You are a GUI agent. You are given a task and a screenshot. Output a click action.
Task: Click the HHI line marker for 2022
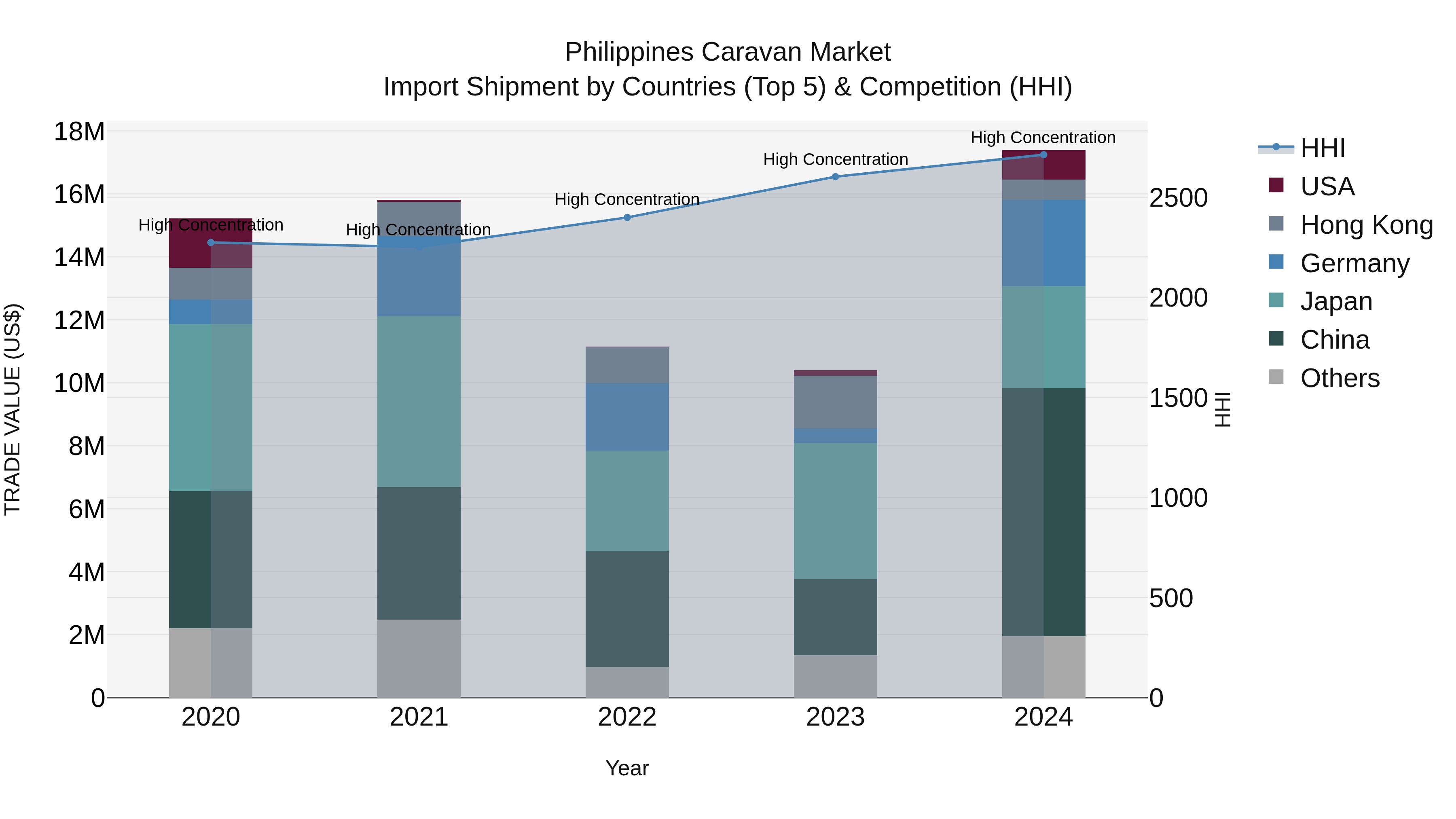(627, 218)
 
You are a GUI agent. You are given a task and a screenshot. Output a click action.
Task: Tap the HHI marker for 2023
(836, 177)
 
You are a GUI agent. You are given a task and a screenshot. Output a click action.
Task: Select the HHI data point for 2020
(211, 243)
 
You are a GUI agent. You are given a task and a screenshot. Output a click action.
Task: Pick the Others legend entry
(1340, 378)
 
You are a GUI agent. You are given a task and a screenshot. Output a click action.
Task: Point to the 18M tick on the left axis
(79, 132)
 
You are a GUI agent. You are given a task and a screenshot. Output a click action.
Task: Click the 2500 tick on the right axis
(1179, 199)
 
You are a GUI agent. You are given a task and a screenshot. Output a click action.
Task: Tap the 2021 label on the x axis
(419, 717)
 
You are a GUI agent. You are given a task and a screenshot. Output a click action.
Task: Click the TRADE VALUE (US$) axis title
(13, 409)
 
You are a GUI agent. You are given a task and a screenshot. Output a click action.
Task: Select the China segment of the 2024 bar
(1043, 512)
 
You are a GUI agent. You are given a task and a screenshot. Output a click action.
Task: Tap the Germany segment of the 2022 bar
(627, 417)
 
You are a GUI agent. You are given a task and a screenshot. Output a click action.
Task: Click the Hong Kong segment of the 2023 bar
(836, 402)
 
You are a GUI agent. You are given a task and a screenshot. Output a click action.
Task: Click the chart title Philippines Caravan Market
(728, 53)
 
